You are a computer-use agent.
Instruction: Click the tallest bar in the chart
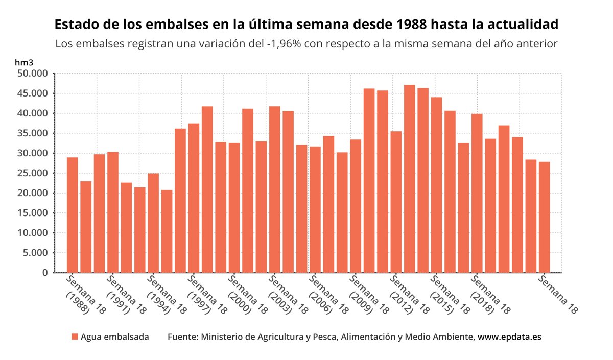[409, 179]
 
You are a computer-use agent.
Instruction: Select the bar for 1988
[73, 215]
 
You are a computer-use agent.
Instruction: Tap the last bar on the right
[544, 217]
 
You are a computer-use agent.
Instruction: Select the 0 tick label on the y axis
[45, 273]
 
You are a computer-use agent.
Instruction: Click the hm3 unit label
[24, 62]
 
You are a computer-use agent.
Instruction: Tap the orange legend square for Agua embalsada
[75, 337]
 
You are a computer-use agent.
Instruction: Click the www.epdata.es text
[509, 337]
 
